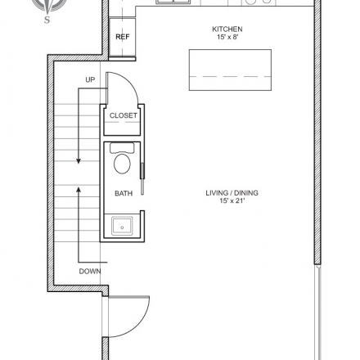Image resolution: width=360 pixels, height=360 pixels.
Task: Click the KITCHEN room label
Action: (x=227, y=29)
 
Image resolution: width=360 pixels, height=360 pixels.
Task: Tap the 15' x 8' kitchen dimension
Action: (x=227, y=37)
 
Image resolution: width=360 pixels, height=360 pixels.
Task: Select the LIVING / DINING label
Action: (x=232, y=193)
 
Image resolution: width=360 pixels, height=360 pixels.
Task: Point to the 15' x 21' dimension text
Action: (x=232, y=201)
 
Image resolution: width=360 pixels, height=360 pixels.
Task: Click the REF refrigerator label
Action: (x=123, y=37)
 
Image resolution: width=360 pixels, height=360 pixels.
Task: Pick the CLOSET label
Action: (x=124, y=115)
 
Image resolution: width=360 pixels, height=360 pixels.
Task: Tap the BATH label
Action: (x=124, y=193)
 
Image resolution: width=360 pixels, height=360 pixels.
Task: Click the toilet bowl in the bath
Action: (x=122, y=164)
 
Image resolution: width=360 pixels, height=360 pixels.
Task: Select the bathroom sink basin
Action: (x=122, y=226)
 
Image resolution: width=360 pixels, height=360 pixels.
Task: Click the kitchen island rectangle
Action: (x=230, y=70)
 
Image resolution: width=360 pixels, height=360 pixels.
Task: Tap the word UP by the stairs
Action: (x=90, y=79)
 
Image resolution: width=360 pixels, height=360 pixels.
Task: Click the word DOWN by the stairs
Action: (x=90, y=272)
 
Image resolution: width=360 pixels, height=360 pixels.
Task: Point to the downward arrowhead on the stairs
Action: (x=79, y=161)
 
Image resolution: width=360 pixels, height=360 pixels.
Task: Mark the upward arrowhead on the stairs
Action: (x=79, y=190)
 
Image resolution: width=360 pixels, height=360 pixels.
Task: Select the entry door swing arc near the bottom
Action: (x=142, y=322)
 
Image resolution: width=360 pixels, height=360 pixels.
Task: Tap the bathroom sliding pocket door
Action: (x=142, y=178)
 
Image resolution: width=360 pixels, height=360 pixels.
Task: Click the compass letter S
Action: (x=47, y=20)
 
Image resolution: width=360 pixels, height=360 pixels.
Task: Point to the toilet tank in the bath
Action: (x=122, y=148)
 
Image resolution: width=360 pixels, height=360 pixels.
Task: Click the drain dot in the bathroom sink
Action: (x=122, y=227)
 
